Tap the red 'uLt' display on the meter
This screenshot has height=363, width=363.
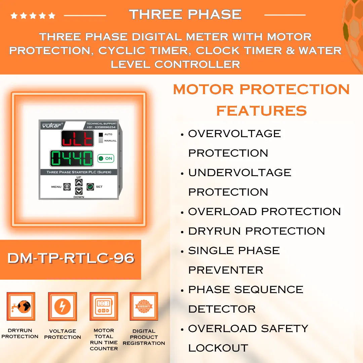point(77,138)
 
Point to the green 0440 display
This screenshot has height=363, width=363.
point(72,158)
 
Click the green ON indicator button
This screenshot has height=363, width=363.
point(106,158)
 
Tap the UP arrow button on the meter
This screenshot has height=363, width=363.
point(79,183)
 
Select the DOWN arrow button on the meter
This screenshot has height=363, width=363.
point(79,191)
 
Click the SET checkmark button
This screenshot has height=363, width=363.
point(90,187)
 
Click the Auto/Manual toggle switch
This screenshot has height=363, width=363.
point(100,137)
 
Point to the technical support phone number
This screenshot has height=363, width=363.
point(101,127)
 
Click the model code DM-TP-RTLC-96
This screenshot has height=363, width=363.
point(71,258)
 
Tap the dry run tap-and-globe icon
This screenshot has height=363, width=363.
point(21,306)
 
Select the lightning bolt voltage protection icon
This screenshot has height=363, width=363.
point(63,307)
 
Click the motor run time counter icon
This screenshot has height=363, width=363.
point(104,307)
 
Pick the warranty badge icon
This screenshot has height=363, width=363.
point(144,307)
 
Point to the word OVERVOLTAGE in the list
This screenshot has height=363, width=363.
point(234,134)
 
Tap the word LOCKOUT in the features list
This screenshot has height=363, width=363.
point(218,348)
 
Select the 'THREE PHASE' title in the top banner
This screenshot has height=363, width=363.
point(185,14)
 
